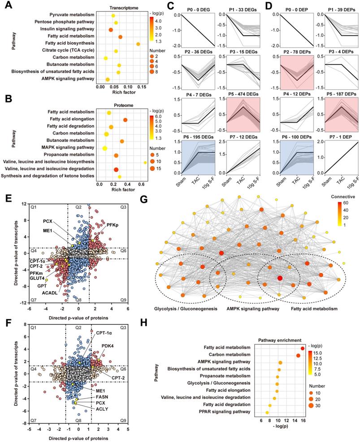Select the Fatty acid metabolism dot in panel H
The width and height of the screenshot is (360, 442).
(303, 348)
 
